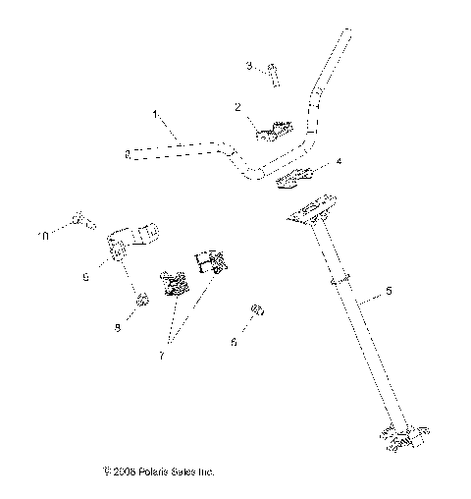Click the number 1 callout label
(x=154, y=116)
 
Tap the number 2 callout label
(x=237, y=106)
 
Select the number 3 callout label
(x=249, y=66)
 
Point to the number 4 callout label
(x=339, y=160)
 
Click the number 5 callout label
(x=389, y=292)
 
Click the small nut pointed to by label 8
(x=141, y=299)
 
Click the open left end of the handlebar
(x=128, y=153)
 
